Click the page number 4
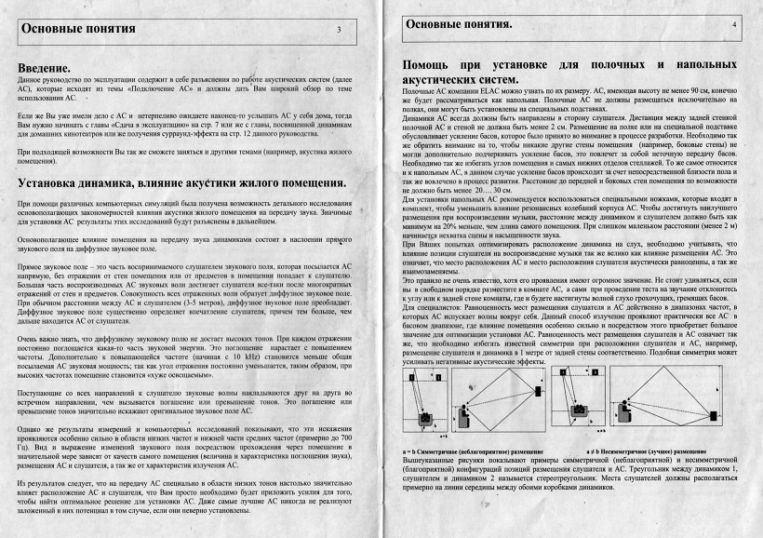click(734, 22)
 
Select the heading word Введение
click(44, 69)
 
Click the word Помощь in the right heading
click(433, 66)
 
